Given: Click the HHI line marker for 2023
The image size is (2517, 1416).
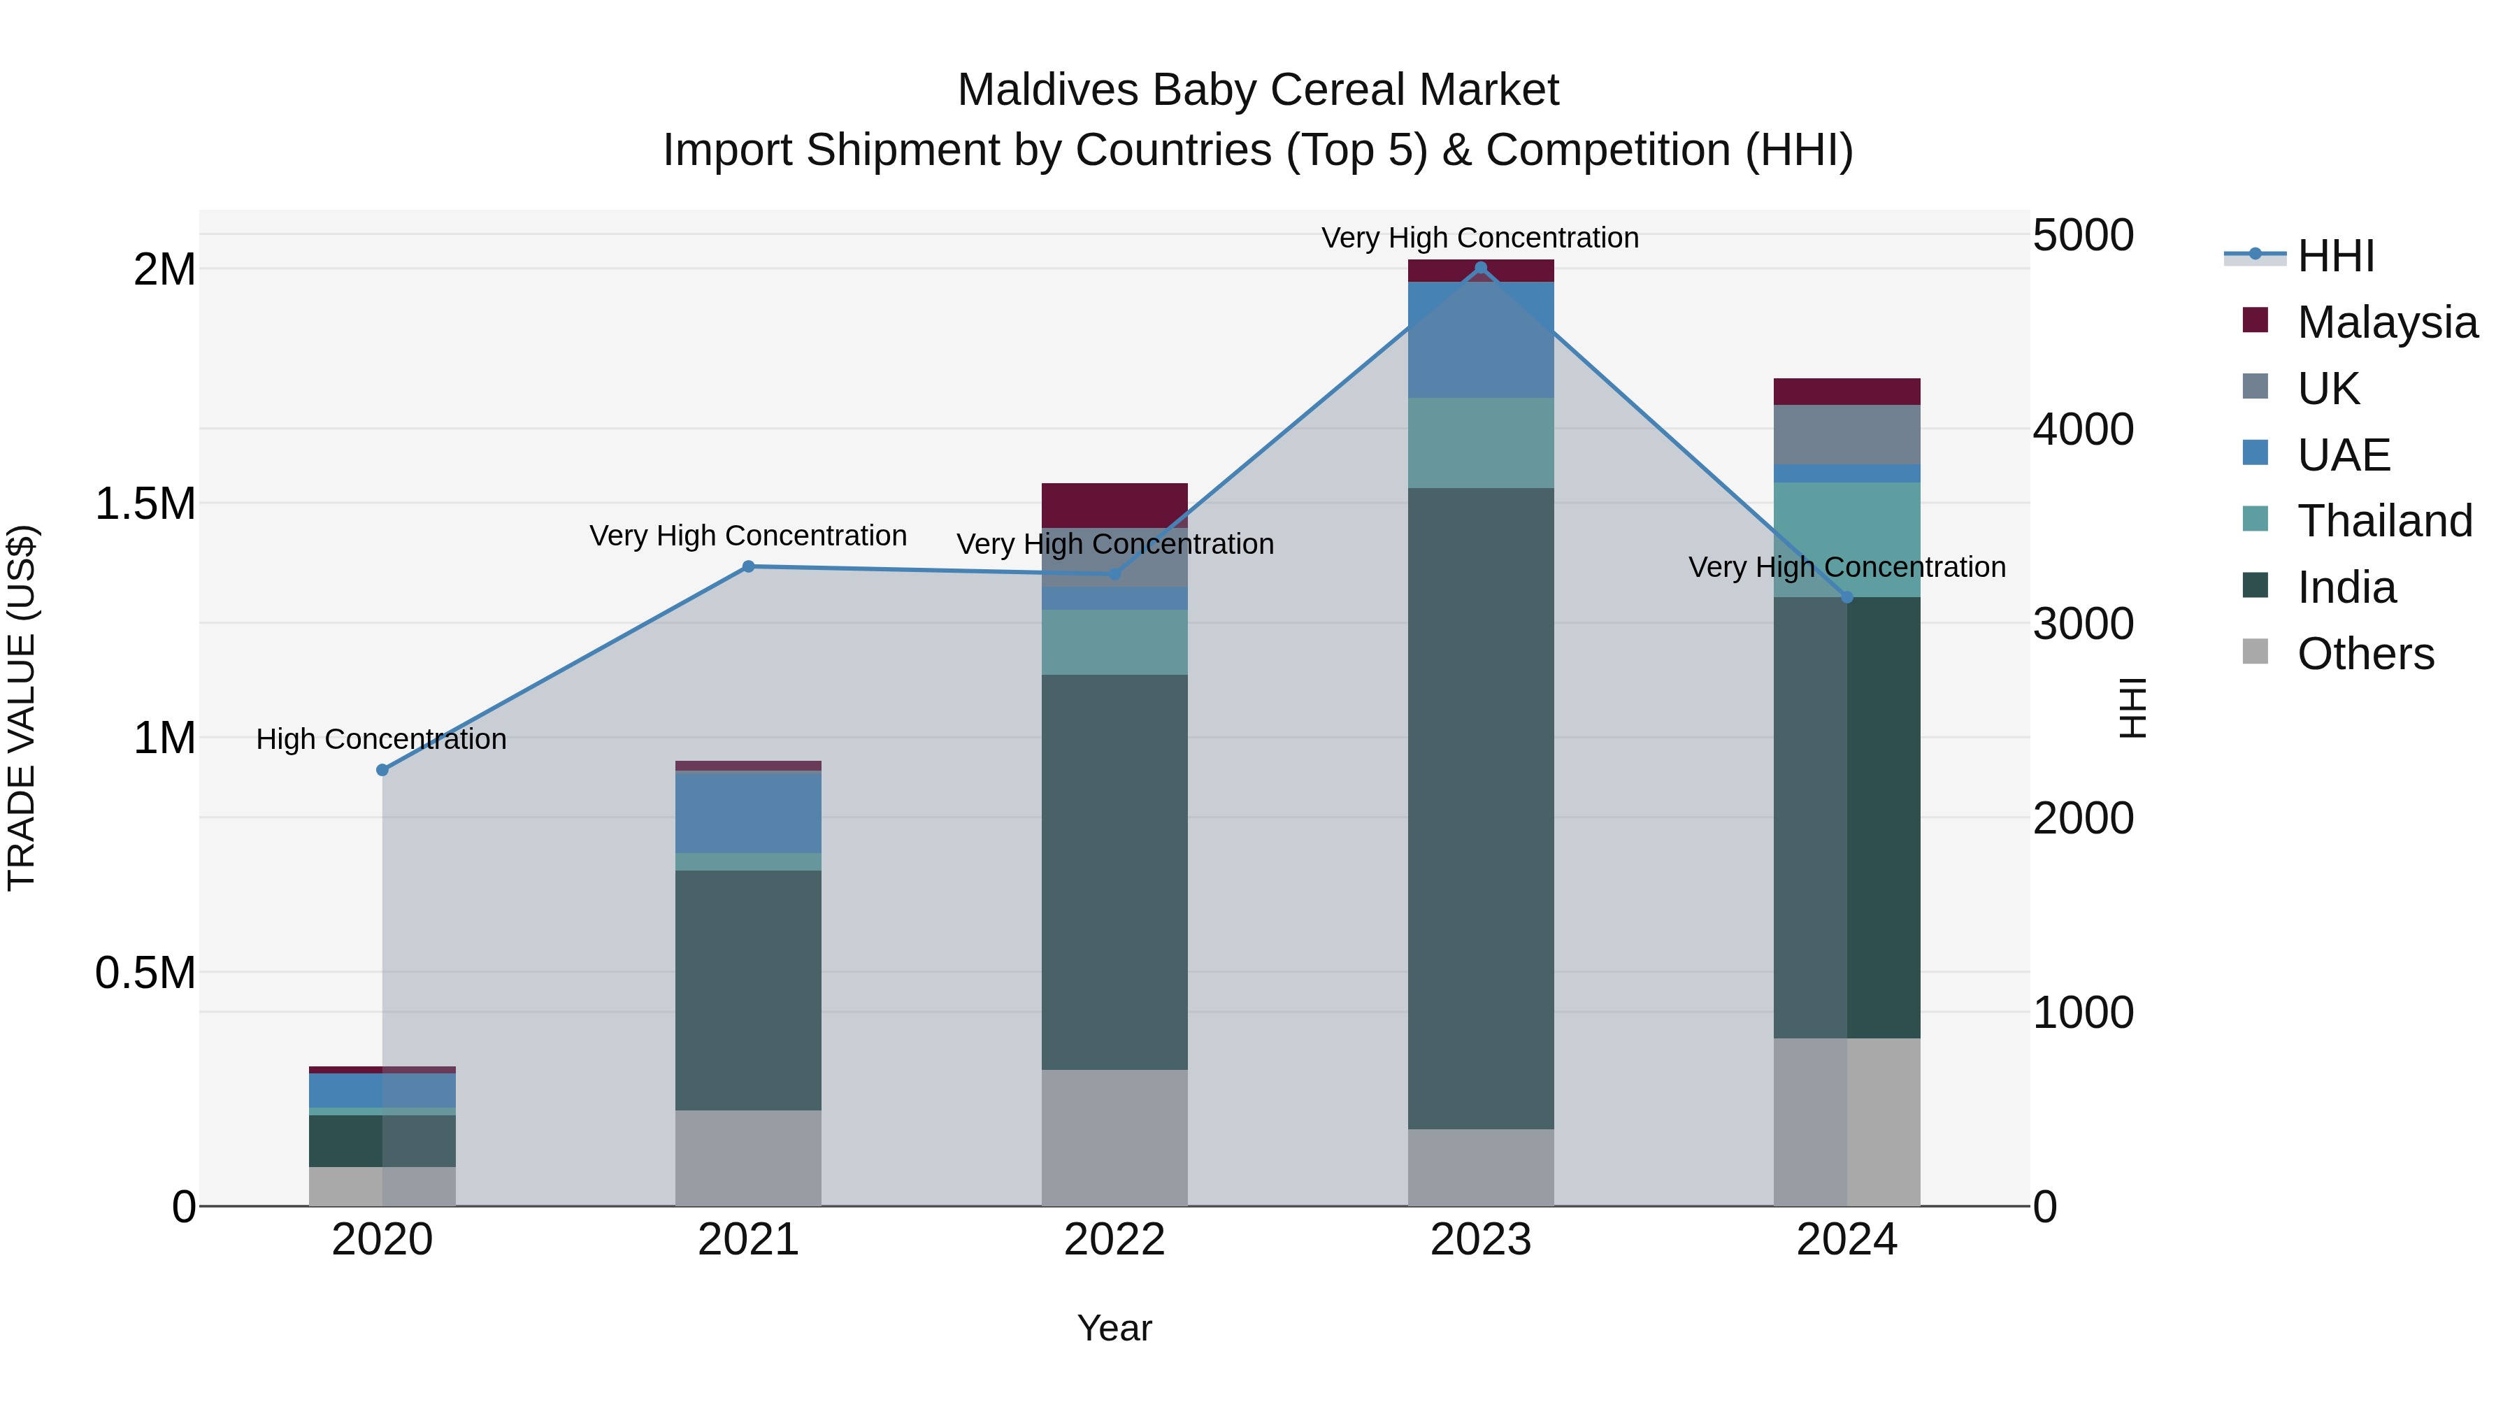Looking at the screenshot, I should tap(1480, 268).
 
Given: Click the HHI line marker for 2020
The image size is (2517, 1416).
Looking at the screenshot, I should tap(382, 770).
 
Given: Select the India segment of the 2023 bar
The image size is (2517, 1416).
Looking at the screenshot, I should tap(1480, 808).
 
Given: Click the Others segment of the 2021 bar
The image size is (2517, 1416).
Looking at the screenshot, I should tap(747, 1157).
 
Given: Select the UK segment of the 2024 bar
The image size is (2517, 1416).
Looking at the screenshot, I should tap(1846, 435).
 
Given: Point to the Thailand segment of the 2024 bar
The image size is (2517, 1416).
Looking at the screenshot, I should tap(1846, 539).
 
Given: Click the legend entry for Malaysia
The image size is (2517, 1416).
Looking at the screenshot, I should tap(2386, 322).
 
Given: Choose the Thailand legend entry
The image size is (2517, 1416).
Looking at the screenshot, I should tap(2384, 521).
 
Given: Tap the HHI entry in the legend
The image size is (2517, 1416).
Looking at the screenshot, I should tap(2335, 256).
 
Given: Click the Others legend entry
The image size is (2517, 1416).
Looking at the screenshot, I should tap(2365, 654).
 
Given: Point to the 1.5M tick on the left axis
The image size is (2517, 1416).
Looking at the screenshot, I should tap(145, 504).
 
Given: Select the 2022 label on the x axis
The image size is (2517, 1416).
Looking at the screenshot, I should tap(1114, 1240).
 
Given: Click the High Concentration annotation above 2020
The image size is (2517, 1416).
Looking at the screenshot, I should tap(381, 739).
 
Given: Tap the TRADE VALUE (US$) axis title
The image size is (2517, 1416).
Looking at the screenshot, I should tap(22, 708).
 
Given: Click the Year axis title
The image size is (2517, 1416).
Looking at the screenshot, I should tap(1114, 1328).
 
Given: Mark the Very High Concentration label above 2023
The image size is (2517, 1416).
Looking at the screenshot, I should tap(1479, 238).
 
